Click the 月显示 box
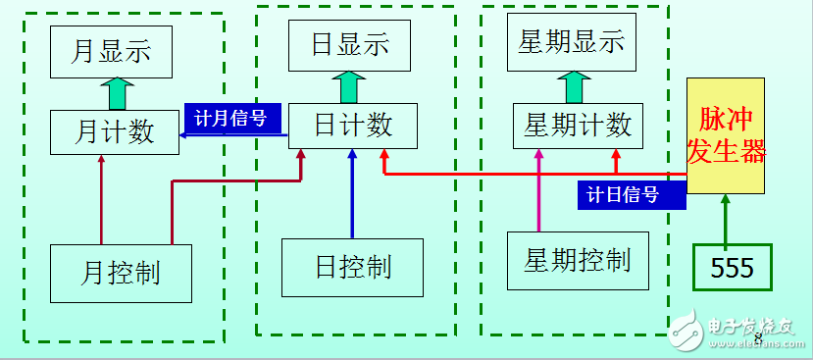[112, 51]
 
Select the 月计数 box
[115, 131]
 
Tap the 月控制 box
[120, 271]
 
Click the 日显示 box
[350, 45]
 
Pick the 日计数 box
[353, 125]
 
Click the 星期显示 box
[571, 44]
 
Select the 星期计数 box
[579, 125]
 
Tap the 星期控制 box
[578, 260]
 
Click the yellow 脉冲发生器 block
[726, 137]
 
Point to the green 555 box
[732, 268]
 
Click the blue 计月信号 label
[231, 118]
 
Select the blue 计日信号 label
[622, 194]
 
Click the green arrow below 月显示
[116, 93]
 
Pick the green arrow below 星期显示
[574, 87]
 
